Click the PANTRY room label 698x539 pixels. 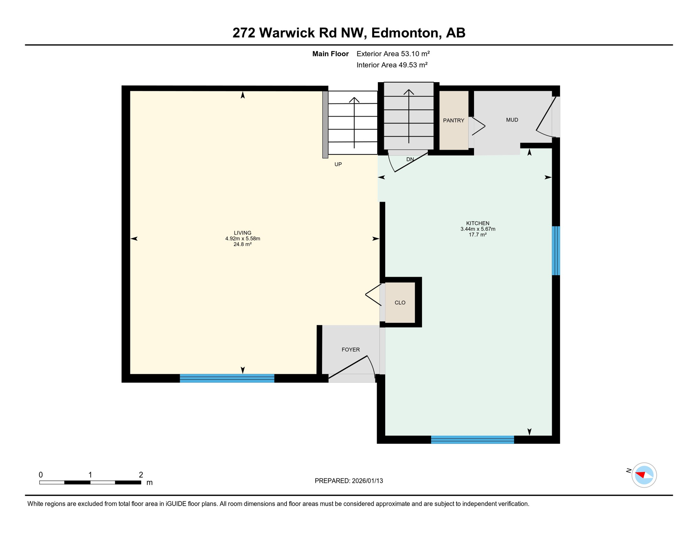(x=453, y=120)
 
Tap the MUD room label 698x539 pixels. (x=512, y=120)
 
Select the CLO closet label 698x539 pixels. (x=400, y=302)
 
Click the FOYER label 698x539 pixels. (x=350, y=350)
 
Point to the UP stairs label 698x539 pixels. (x=338, y=164)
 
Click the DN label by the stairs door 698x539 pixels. (x=410, y=159)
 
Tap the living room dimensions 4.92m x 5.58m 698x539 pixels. (x=243, y=239)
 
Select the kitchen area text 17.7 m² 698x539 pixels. (x=478, y=235)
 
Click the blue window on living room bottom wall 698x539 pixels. (x=227, y=378)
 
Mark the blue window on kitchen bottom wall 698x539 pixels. (x=472, y=439)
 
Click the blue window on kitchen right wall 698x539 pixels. (x=555, y=251)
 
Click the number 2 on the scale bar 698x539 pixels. (x=141, y=475)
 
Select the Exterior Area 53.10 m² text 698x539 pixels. (x=393, y=54)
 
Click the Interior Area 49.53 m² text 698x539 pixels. (x=392, y=65)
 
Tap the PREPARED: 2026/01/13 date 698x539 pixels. (x=349, y=481)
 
